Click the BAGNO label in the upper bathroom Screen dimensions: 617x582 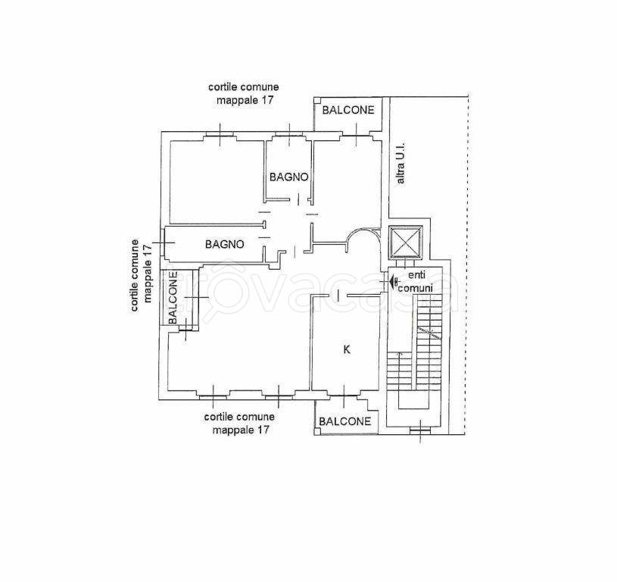coord(288,177)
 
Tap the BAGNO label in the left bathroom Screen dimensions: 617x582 coord(224,244)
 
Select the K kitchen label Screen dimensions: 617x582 coord(347,349)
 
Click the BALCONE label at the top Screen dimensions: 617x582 coord(347,110)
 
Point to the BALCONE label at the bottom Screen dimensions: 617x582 coord(344,421)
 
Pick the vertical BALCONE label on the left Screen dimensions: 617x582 coord(173,298)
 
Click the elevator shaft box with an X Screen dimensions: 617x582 coord(405,242)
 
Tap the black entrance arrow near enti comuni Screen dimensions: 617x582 coord(393,281)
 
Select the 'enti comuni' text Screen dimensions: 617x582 coord(416,281)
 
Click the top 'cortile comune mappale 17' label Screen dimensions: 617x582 coord(244,93)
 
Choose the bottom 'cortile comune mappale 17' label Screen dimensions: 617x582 coord(240,423)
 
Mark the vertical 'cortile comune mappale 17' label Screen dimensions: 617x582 coord(141,275)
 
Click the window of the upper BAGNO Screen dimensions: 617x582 coord(289,135)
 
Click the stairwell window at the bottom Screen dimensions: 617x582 coord(421,431)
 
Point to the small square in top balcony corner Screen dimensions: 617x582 coord(316,101)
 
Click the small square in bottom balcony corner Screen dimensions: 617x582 coord(317,432)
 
